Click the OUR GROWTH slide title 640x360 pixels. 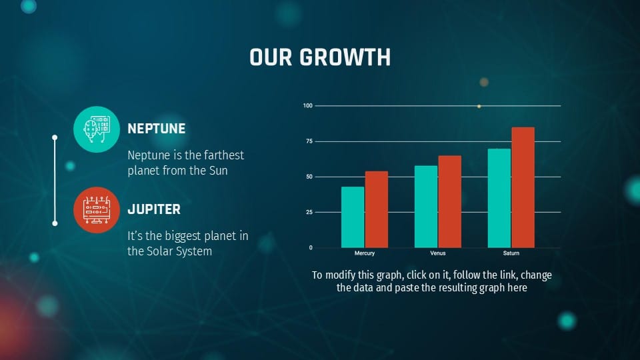click(x=320, y=57)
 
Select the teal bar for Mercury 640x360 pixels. click(x=353, y=217)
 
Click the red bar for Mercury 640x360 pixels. click(x=376, y=209)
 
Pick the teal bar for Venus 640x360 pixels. click(x=426, y=207)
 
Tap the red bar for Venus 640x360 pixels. click(x=449, y=201)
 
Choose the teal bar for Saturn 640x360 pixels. click(x=499, y=198)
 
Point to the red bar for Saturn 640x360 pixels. click(x=523, y=187)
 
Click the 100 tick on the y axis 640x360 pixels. click(x=307, y=106)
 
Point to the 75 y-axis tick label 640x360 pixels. click(x=309, y=141)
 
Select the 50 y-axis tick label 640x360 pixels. click(x=309, y=177)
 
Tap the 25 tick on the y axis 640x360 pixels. click(x=309, y=212)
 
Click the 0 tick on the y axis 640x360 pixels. click(x=310, y=247)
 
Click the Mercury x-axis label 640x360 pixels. click(x=365, y=254)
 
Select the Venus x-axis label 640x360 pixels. click(x=437, y=254)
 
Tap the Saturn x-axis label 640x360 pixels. click(x=511, y=254)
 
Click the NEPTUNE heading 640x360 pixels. click(x=157, y=129)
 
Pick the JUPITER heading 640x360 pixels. click(x=154, y=209)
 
